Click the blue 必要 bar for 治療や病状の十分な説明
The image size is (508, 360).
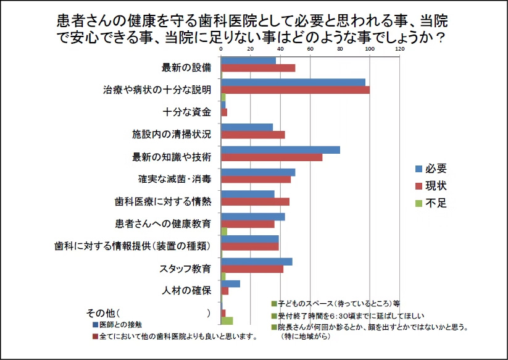point(293,82)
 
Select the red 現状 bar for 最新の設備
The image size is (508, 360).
point(258,68)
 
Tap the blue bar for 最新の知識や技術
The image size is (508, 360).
point(280,149)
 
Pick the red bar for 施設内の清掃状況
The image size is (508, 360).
point(253,135)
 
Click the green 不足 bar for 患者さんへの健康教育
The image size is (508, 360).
point(224,232)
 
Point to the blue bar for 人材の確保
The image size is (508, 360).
point(230,283)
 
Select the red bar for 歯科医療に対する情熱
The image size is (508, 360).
point(255,201)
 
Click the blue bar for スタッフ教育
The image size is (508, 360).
point(256,261)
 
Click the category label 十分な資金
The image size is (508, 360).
point(187,112)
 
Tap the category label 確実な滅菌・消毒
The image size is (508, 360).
point(175,179)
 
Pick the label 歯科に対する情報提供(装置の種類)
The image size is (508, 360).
point(133,246)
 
